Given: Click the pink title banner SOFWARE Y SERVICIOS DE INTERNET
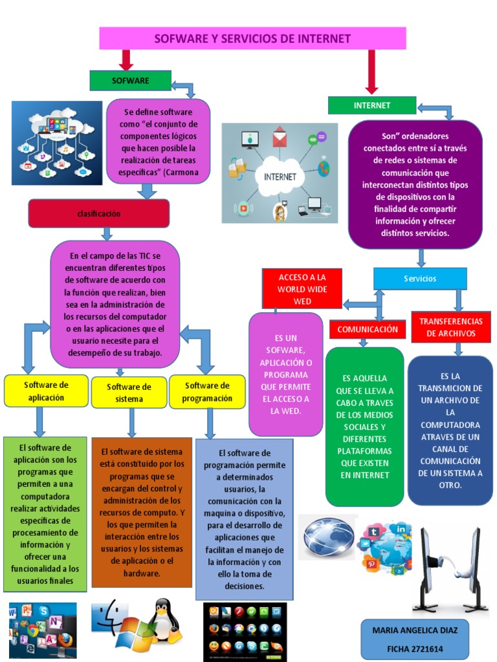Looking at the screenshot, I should (252, 39).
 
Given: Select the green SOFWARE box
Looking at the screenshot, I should (130, 81).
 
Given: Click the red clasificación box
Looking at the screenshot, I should (99, 213).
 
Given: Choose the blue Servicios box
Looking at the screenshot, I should (420, 279).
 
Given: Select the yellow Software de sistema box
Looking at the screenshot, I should (129, 393).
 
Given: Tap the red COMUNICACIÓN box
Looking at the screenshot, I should (368, 329).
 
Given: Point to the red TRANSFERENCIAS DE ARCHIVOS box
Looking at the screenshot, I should (451, 327).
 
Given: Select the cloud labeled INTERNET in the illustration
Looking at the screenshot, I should (280, 176).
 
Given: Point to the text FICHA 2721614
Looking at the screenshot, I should (415, 648).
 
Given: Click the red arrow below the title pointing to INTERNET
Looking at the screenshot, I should (371, 71).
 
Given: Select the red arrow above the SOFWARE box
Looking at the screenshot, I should (126, 60).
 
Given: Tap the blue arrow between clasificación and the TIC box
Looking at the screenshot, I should (107, 234).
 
